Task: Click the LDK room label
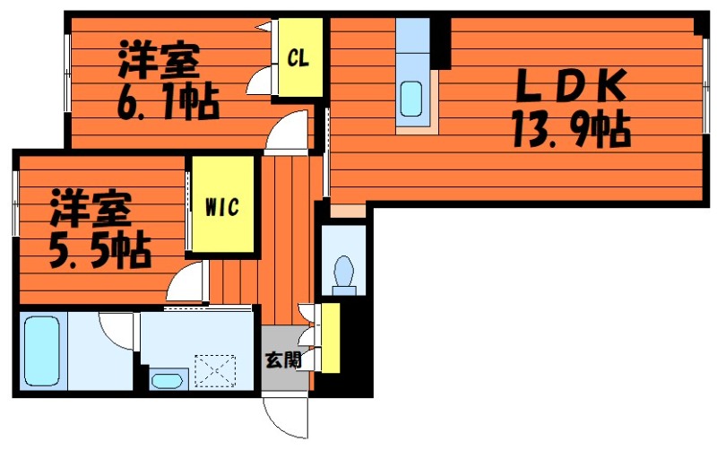[x=568, y=88]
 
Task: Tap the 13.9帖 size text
[x=570, y=132]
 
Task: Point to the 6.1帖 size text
[x=167, y=104]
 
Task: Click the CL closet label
[x=298, y=58]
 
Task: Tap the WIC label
[x=221, y=207]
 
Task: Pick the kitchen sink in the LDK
[x=412, y=97]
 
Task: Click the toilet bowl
[x=343, y=271]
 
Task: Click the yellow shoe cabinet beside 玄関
[x=330, y=338]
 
